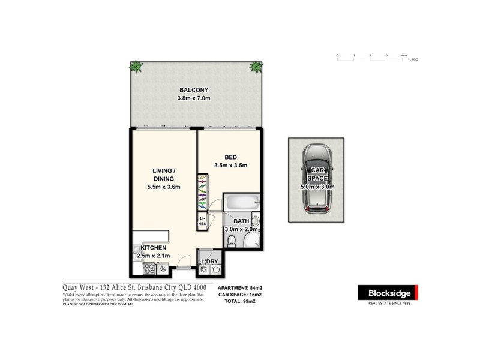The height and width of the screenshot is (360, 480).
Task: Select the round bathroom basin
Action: click(x=255, y=220)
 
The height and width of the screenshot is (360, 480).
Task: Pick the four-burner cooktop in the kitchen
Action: click(x=149, y=269)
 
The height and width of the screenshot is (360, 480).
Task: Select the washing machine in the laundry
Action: click(x=205, y=270)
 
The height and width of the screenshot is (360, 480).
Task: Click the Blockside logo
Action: click(x=388, y=292)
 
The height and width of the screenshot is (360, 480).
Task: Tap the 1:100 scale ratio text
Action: click(x=412, y=60)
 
